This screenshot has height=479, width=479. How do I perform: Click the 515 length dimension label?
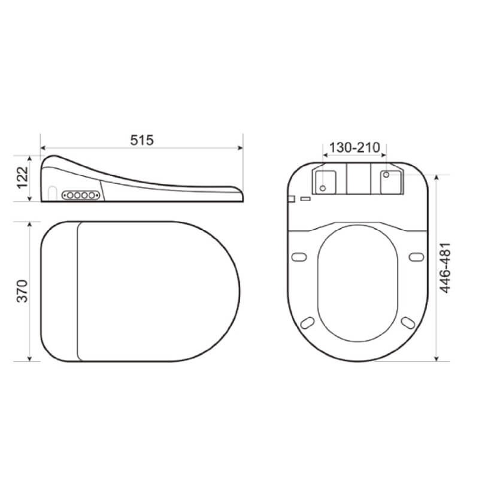tap(142, 140)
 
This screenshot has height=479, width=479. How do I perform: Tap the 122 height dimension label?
tap(22, 177)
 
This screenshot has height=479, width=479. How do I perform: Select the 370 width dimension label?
tap(22, 291)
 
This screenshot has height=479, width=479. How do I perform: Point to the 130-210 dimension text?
tap(354, 147)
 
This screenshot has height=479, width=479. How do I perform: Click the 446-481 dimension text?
tap(445, 268)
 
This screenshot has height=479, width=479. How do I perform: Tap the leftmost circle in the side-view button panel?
tap(70, 195)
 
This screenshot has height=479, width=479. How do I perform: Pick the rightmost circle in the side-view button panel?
tap(92, 195)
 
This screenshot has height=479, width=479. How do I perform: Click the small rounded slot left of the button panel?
tap(53, 193)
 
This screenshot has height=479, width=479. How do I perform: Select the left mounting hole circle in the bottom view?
tap(323, 188)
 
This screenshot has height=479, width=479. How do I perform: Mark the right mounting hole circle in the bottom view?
tap(386, 175)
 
